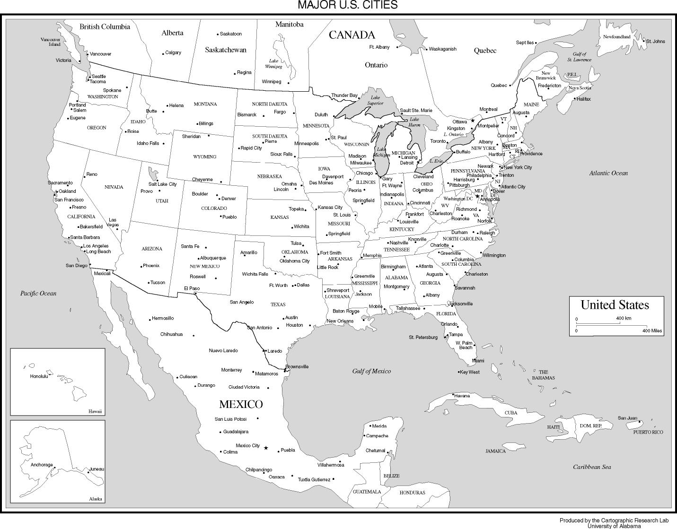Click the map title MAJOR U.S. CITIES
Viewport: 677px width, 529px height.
point(347,5)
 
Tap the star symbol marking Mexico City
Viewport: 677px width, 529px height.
point(266,448)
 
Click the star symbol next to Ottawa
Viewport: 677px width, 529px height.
point(472,121)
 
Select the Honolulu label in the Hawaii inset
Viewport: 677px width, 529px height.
point(39,376)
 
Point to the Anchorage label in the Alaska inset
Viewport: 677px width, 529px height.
point(42,465)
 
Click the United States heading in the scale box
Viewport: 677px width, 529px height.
point(615,305)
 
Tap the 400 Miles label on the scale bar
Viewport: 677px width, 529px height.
point(652,331)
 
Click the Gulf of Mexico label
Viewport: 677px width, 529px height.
point(371,371)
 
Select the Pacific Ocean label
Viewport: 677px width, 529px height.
point(38,293)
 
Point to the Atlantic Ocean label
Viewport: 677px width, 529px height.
point(608,173)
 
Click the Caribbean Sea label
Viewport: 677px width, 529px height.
point(592,467)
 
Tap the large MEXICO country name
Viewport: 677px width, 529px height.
point(241,404)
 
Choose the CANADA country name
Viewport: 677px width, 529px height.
point(352,35)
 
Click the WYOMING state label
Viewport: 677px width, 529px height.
point(204,156)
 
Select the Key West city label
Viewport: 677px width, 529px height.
point(470,372)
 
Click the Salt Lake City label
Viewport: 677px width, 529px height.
point(162,184)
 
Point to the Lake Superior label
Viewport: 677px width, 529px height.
point(375,100)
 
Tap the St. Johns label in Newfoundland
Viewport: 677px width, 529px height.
point(655,41)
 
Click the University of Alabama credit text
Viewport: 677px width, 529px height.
point(614,526)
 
